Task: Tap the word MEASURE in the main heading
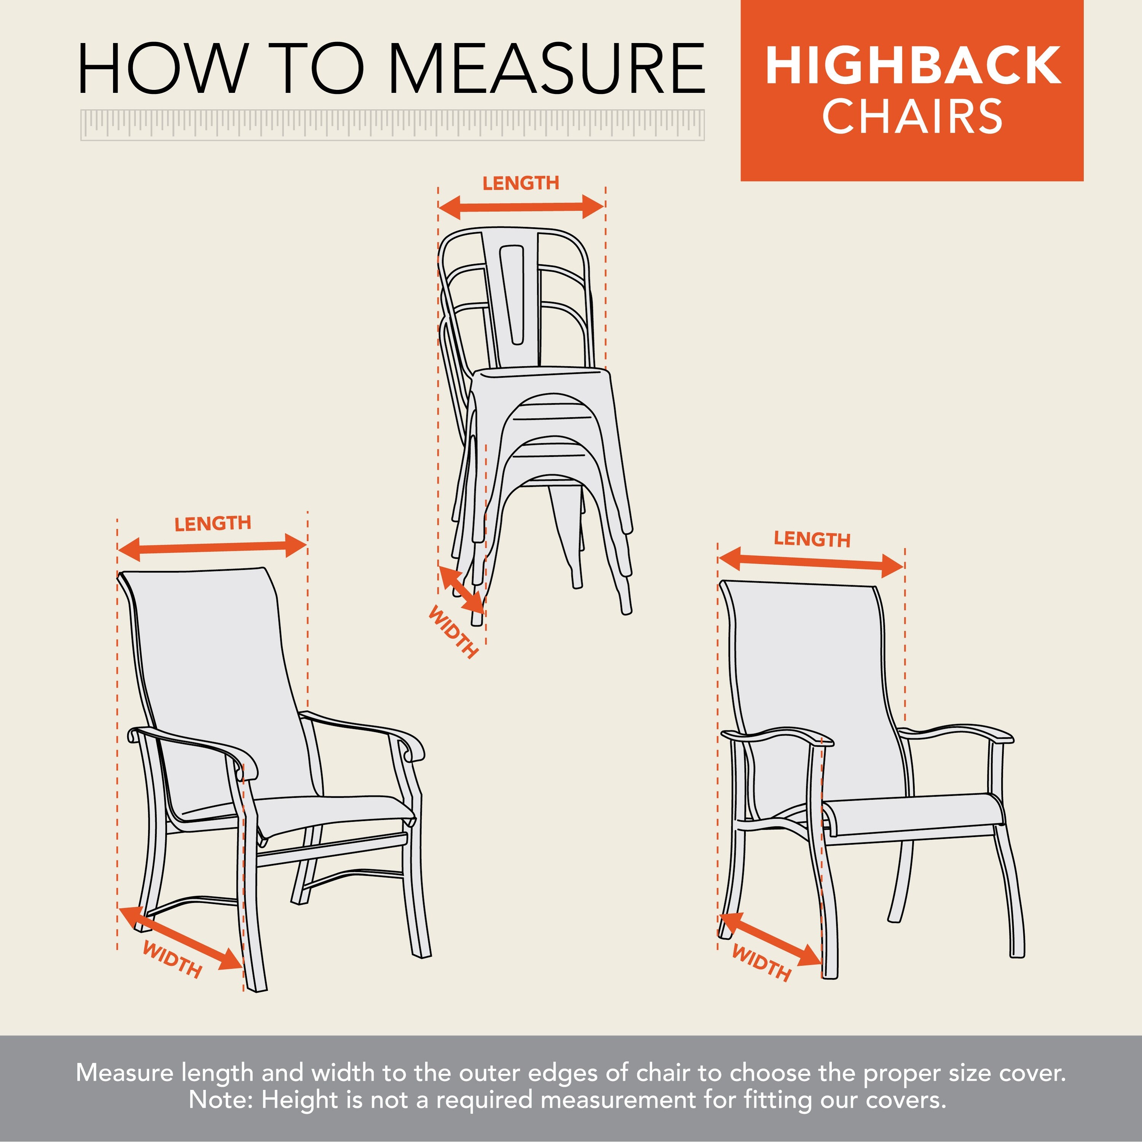(x=546, y=69)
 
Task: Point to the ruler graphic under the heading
(x=392, y=125)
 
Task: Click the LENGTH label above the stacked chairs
(x=521, y=183)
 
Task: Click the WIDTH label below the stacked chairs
(x=453, y=632)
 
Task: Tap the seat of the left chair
(x=331, y=813)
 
